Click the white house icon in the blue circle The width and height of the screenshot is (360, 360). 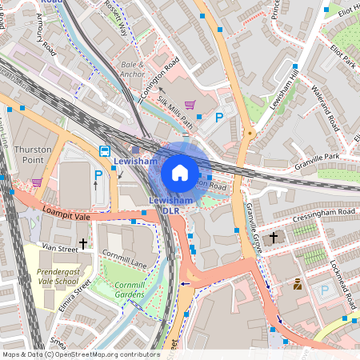click(180, 172)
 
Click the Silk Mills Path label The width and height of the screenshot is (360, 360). click(175, 110)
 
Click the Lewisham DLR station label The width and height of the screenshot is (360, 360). click(164, 204)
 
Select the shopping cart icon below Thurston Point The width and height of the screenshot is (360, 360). click(37, 182)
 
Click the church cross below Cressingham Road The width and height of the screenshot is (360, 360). click(273, 237)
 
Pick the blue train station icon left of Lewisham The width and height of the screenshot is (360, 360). click(104, 150)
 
